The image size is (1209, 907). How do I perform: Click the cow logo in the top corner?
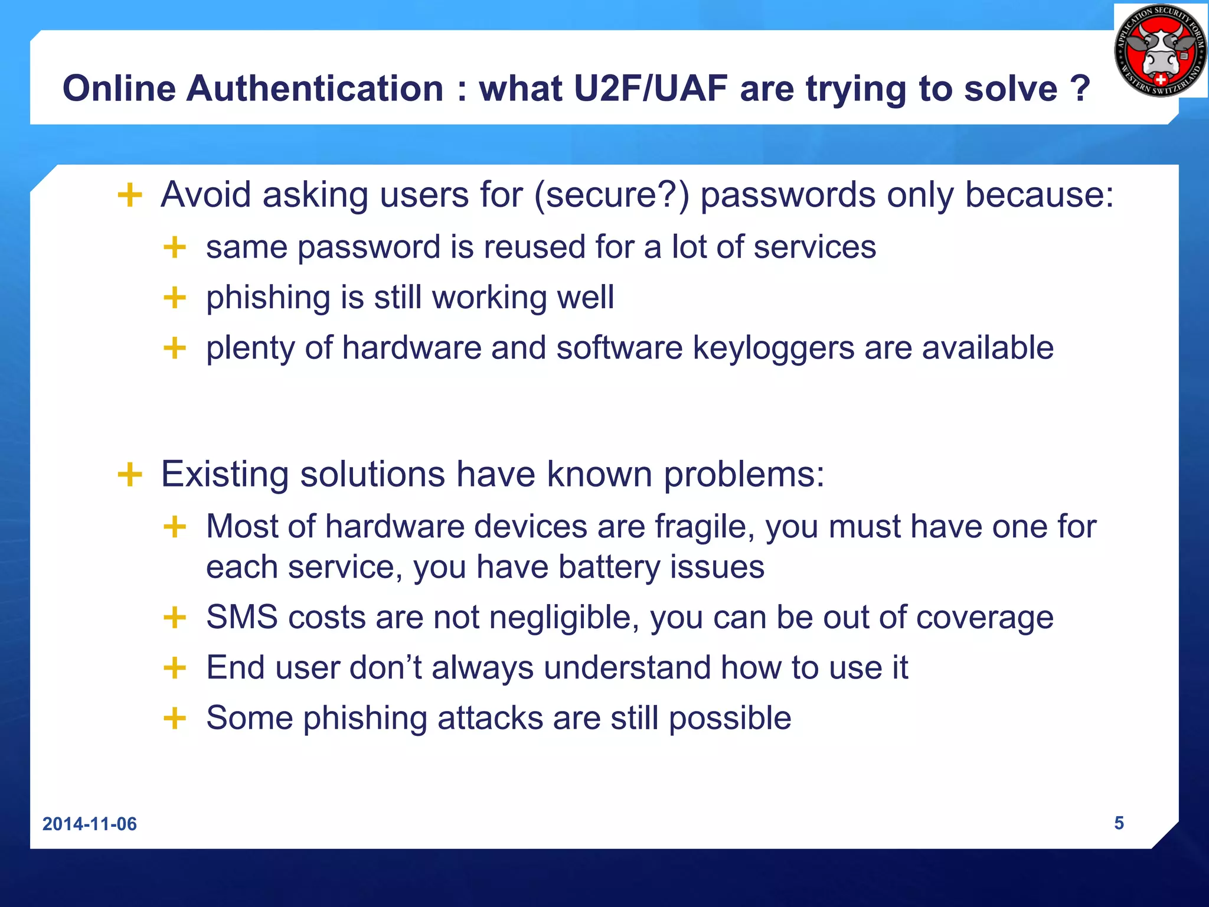pyautogui.click(x=1161, y=51)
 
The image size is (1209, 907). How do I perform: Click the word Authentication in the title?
pyautogui.click(x=315, y=89)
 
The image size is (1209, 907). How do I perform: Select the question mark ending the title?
pyautogui.click(x=1080, y=89)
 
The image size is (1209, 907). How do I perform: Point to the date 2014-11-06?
pyautogui.click(x=90, y=824)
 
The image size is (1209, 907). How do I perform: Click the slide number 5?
pyautogui.click(x=1119, y=823)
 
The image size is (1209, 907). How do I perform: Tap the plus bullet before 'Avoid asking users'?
pyautogui.click(x=130, y=195)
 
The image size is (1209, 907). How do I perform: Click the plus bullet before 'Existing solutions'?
pyautogui.click(x=130, y=474)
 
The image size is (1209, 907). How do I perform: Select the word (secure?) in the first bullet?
pyautogui.click(x=612, y=195)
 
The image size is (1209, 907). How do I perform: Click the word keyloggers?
pyautogui.click(x=773, y=348)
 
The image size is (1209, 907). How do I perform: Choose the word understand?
pyautogui.click(x=627, y=668)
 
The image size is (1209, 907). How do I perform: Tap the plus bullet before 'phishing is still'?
pyautogui.click(x=175, y=298)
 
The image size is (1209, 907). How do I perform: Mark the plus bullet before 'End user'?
pyautogui.click(x=175, y=668)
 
